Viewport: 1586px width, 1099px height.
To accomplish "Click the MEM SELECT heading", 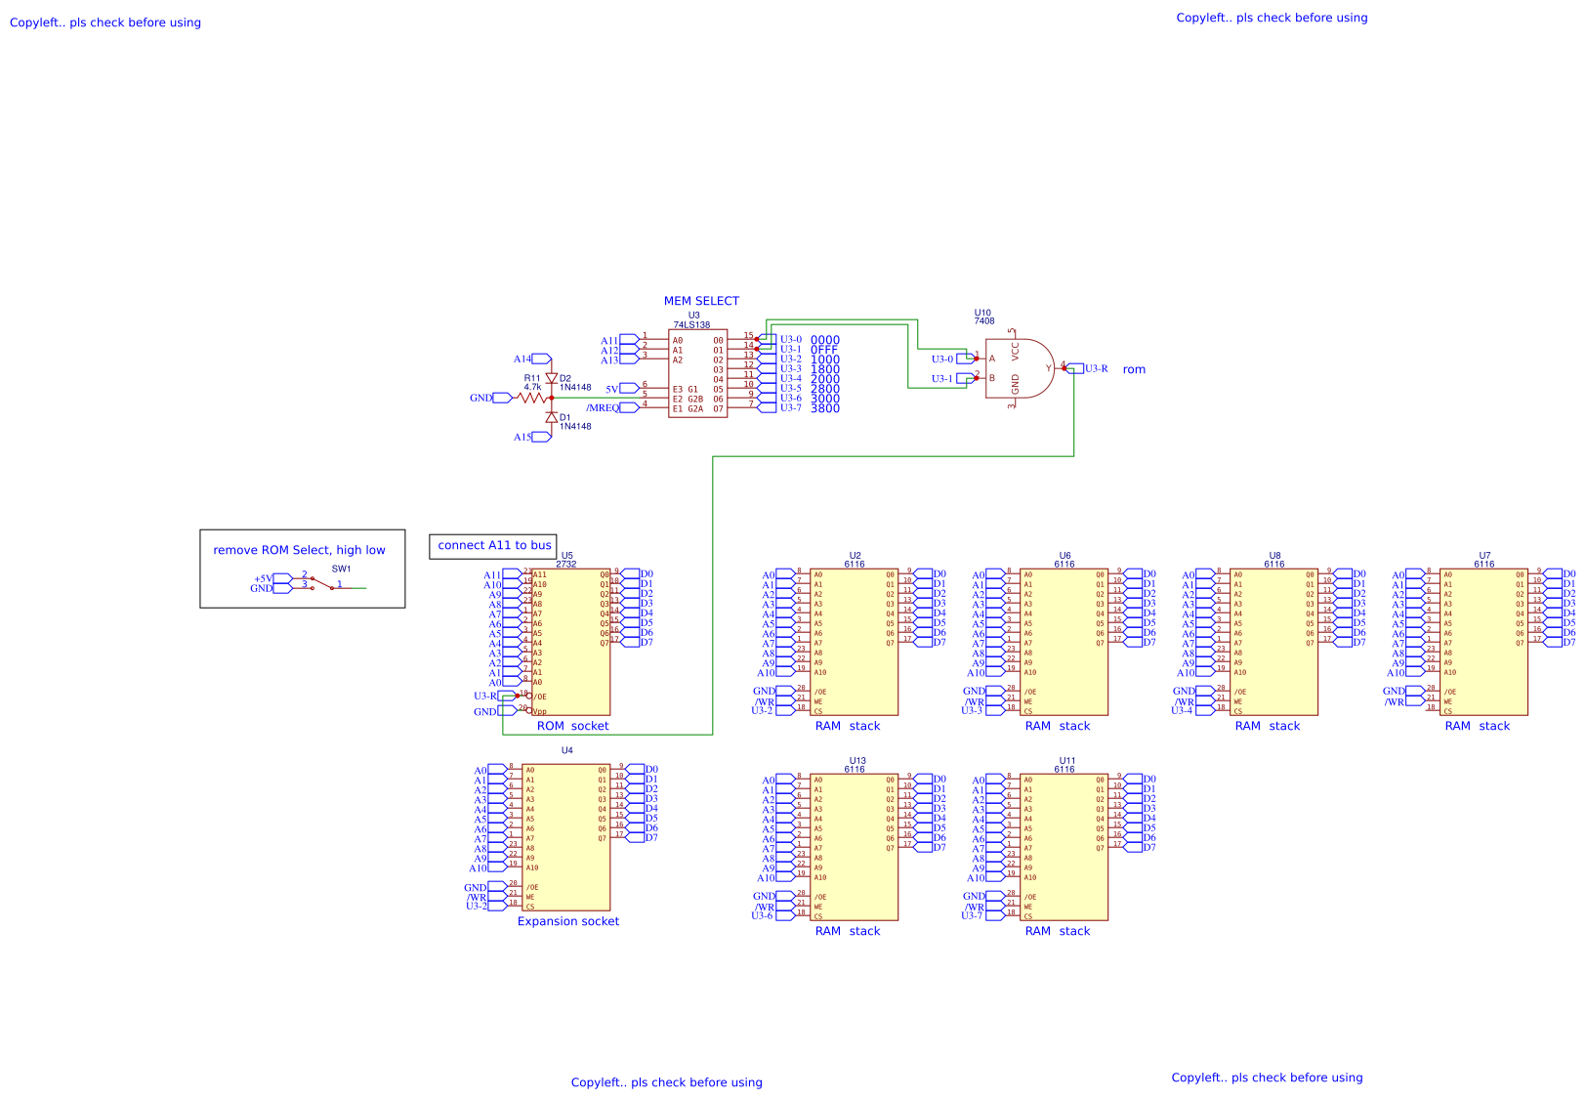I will tap(701, 301).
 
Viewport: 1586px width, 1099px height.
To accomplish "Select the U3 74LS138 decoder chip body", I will tap(697, 374).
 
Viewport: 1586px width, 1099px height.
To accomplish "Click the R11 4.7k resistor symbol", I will tap(532, 398).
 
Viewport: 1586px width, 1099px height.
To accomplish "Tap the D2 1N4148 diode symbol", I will tap(552, 379).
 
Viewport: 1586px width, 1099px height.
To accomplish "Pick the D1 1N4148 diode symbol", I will tap(552, 417).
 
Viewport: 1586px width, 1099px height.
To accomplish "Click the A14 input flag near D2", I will tap(541, 359).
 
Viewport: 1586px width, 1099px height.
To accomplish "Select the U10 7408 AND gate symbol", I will tap(1020, 368).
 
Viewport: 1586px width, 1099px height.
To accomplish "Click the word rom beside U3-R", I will tap(1133, 369).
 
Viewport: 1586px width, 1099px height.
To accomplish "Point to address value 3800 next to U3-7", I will tap(824, 408).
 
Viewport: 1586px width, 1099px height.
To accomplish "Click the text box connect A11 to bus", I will tap(493, 546).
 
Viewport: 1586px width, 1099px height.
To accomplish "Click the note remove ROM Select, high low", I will tap(299, 550).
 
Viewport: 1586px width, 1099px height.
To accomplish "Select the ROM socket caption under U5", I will tap(572, 726).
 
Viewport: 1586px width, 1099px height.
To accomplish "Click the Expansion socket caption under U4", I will tap(567, 921).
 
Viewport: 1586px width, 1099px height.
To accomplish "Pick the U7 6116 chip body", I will tap(1483, 642).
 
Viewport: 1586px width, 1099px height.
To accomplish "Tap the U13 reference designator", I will tap(856, 760).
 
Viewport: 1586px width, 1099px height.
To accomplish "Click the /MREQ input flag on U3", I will tap(629, 407).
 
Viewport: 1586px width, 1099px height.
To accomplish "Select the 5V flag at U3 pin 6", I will tap(629, 389).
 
